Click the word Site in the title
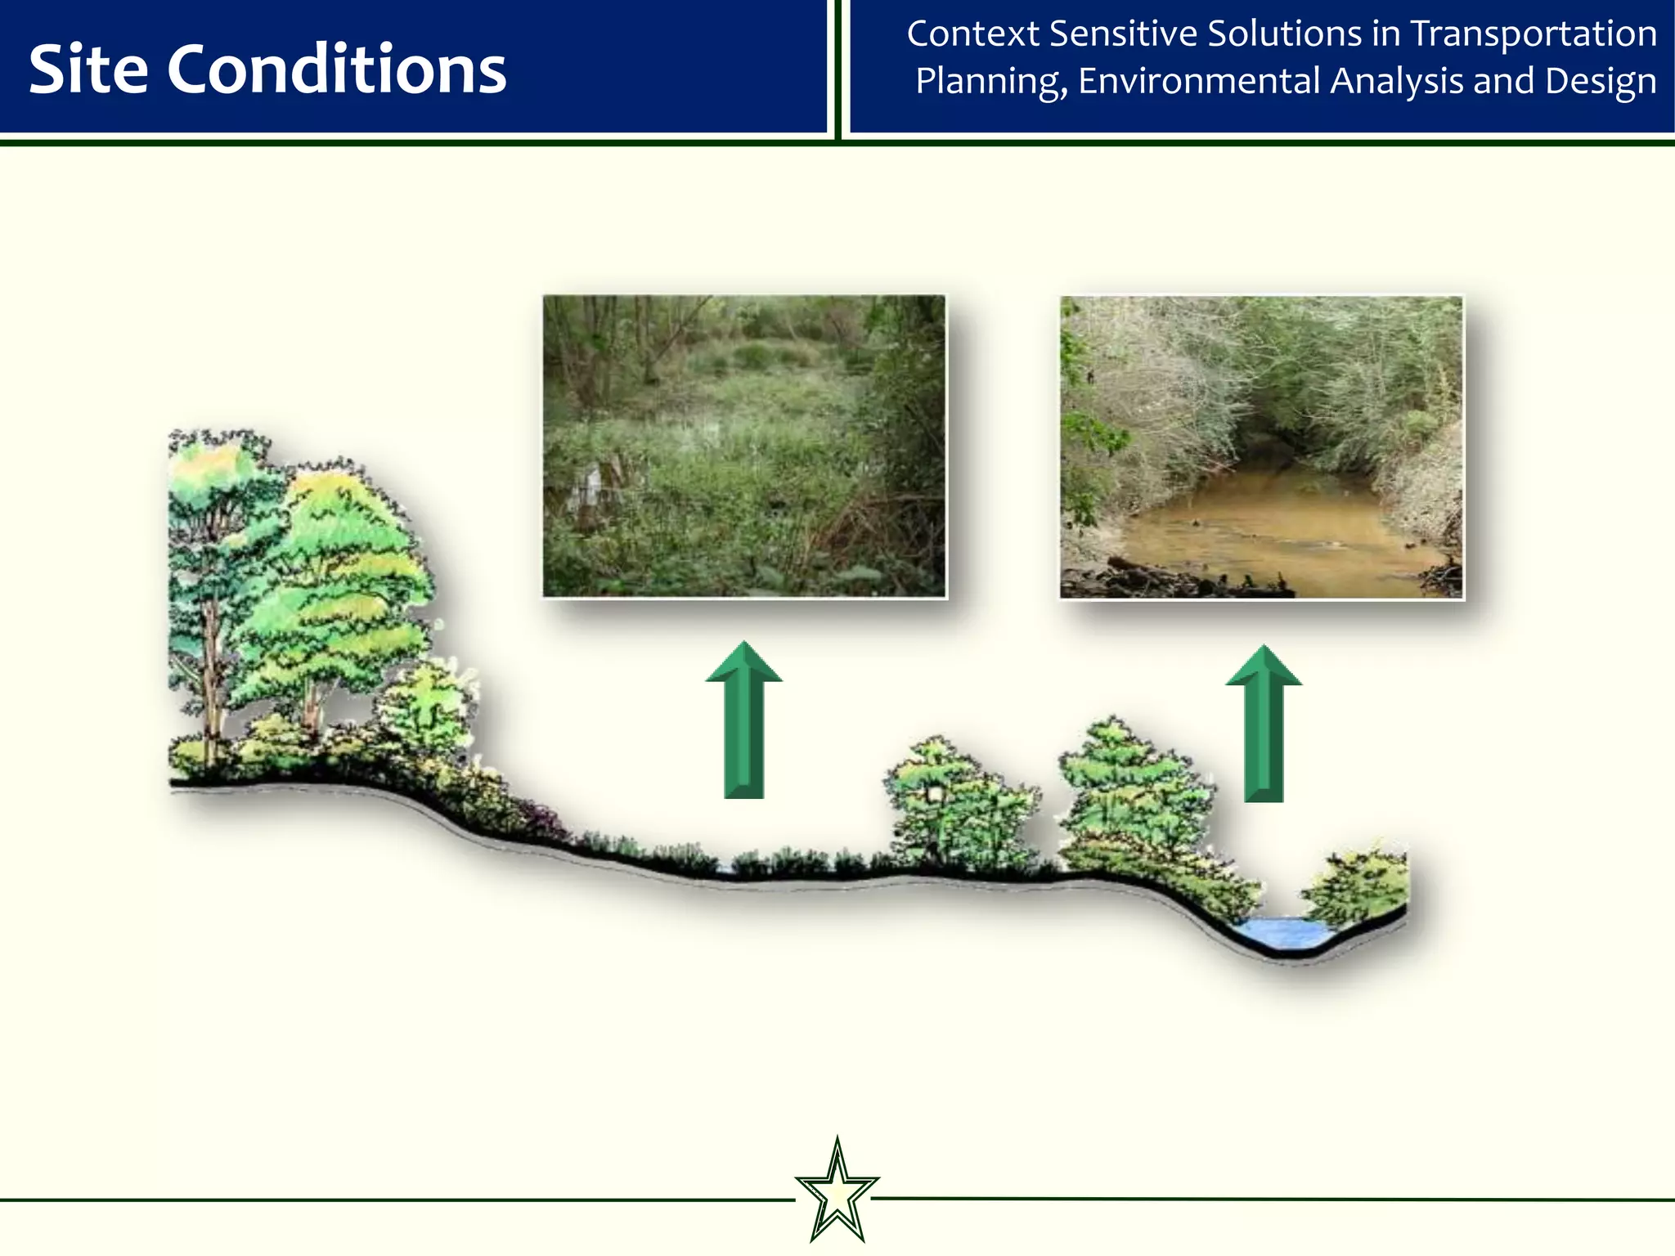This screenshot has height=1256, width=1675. coord(88,70)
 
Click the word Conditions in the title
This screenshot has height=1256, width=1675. coord(336,70)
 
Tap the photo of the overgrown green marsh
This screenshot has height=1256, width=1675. coord(743,446)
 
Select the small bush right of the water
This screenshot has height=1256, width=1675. coord(1358,887)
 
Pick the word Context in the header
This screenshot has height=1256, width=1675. coord(972,34)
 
